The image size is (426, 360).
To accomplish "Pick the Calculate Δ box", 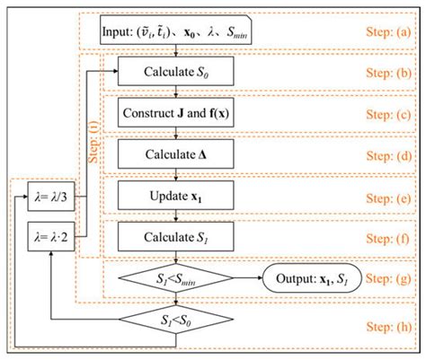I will coord(176,154).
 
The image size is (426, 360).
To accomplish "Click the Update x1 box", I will coord(176,196).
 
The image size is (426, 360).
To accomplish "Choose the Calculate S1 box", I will coord(176,237).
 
